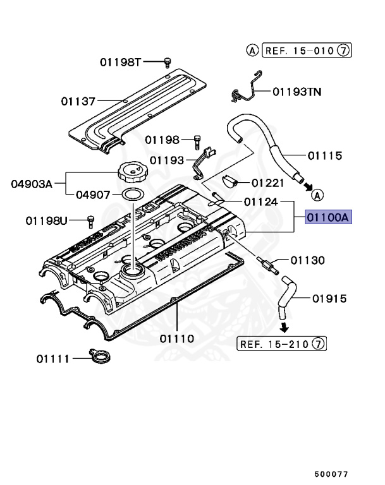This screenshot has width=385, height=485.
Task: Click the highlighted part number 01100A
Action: [328, 218]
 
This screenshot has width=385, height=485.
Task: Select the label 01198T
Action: [121, 62]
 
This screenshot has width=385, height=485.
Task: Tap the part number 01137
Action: [78, 101]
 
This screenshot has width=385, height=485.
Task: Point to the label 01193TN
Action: [297, 92]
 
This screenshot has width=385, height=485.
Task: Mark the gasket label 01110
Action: [177, 338]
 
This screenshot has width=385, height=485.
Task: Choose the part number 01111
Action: [53, 359]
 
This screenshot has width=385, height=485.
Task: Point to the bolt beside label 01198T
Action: [168, 61]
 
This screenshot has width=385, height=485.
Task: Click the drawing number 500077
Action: [331, 473]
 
